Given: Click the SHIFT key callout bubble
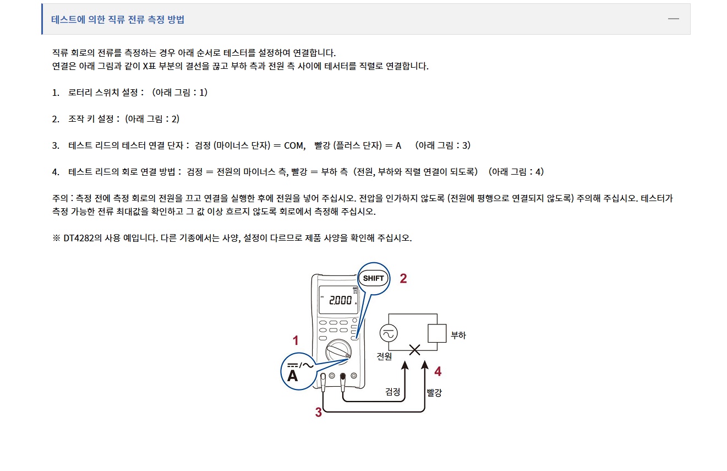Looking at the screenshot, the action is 374,278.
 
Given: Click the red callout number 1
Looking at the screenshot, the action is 296,340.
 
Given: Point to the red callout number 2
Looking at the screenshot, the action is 403,278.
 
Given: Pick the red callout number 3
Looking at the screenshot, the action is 318,412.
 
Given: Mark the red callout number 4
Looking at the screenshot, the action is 438,372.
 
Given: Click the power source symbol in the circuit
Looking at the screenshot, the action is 389,333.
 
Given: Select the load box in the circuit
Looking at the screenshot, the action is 437,333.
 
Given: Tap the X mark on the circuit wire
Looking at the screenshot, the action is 414,349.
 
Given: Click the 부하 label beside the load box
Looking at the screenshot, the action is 458,335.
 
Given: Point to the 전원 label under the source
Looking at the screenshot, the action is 384,356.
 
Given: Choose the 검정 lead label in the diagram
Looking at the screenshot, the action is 393,392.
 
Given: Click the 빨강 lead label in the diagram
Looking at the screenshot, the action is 434,392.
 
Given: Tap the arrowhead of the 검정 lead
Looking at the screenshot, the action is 406,365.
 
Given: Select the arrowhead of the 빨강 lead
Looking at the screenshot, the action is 424,365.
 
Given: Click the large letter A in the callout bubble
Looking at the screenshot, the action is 293,376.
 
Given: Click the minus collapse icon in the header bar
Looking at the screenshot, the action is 674,19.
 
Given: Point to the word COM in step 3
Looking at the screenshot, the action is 294,145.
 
